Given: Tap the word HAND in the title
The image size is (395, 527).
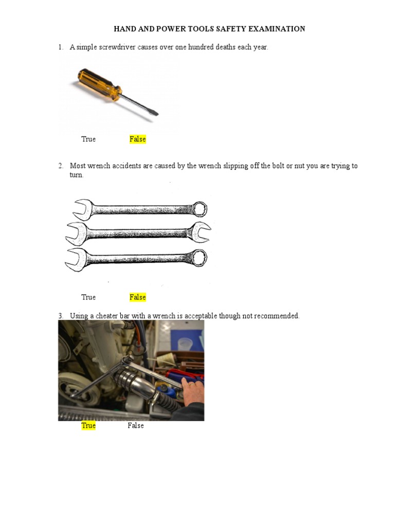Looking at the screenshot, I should (124, 29).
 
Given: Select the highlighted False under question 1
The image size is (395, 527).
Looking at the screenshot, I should (138, 139).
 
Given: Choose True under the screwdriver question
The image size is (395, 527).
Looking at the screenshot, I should (88, 139).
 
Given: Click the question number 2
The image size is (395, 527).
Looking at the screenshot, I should (61, 166).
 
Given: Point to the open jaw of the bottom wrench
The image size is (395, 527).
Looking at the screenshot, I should (75, 259).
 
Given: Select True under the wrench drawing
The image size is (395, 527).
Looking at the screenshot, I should (88, 297).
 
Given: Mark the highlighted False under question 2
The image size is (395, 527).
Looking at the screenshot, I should (138, 297).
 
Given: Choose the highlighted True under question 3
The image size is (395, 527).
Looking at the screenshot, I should (88, 426).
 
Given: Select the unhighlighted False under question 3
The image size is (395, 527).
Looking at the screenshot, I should (136, 426).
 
